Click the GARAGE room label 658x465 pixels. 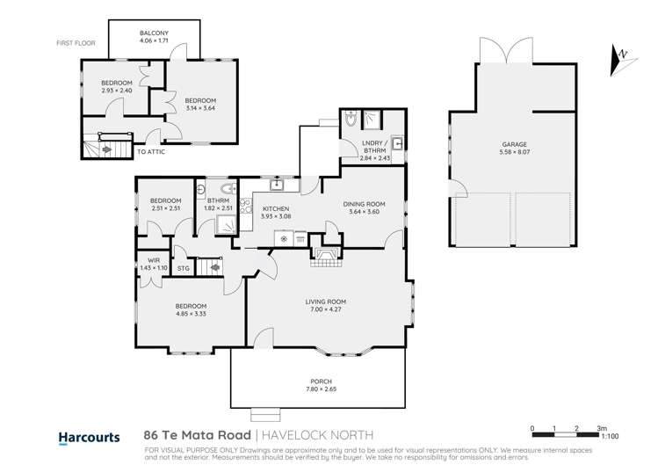(514, 143)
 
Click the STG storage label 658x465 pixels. (183, 268)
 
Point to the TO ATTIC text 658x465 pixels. (151, 152)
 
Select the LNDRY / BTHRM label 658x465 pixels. (373, 151)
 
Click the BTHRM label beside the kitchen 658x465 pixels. (218, 200)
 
